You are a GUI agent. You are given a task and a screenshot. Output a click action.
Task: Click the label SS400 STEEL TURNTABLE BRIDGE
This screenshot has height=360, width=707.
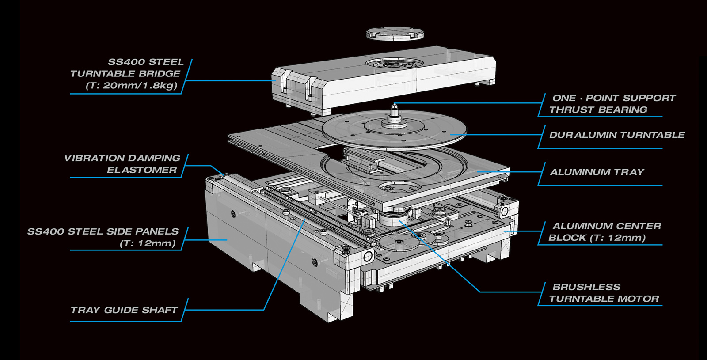(x=127, y=74)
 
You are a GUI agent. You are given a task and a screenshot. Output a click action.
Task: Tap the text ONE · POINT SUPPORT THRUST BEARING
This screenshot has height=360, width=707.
(x=612, y=104)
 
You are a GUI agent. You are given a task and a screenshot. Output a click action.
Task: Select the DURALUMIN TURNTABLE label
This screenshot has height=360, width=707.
(x=617, y=135)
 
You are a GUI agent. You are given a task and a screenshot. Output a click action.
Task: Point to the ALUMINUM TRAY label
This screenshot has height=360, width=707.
(x=597, y=172)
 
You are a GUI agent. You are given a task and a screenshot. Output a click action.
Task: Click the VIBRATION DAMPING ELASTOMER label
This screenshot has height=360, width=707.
(x=122, y=164)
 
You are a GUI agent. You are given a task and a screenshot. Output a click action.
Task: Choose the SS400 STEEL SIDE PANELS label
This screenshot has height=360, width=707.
(x=103, y=237)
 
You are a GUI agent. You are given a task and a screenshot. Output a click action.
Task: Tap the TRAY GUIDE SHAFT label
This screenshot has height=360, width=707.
(x=124, y=310)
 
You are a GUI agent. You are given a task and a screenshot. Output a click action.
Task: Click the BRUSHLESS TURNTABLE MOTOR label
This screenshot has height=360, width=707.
(x=604, y=293)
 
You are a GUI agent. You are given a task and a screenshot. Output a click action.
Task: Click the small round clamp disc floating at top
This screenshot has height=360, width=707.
(x=395, y=34)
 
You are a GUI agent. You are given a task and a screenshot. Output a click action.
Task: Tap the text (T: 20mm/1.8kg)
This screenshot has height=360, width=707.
(x=132, y=86)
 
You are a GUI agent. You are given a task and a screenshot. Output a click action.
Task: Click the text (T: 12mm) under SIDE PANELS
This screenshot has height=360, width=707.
(x=148, y=243)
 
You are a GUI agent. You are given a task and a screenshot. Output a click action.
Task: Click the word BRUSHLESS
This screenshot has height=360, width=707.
(x=586, y=287)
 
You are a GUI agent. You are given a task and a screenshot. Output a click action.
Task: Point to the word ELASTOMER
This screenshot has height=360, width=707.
(x=142, y=170)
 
